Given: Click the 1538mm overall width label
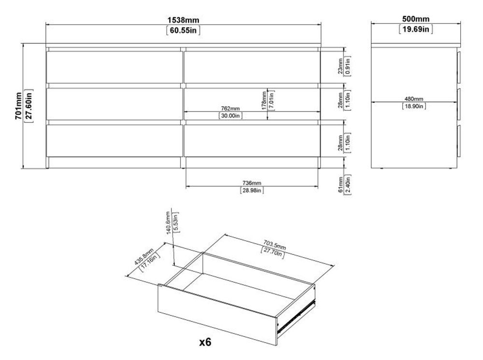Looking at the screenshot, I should click(184, 20).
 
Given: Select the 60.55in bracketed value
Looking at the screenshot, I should click(184, 30).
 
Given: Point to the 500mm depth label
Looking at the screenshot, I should click(415, 19).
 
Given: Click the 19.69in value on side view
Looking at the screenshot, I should click(415, 29).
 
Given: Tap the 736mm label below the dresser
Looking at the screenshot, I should click(252, 183).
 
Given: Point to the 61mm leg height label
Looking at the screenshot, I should click(341, 183).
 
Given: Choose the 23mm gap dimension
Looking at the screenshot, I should click(341, 66).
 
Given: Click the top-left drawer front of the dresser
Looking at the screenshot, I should click(114, 66).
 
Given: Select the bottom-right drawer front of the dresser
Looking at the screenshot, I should click(252, 140).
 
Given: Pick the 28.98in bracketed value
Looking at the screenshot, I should click(252, 191).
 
